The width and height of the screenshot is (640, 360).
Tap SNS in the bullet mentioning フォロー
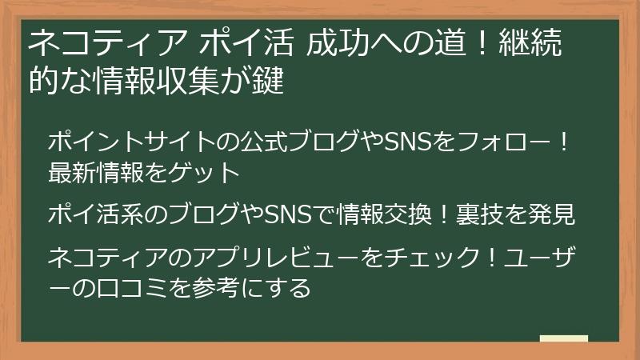(410, 143)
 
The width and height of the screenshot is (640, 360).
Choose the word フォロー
(495, 143)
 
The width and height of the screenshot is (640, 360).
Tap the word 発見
(555, 214)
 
